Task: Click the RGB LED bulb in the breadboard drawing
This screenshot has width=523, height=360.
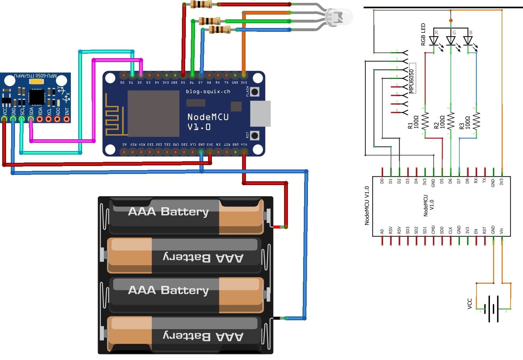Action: [340, 17]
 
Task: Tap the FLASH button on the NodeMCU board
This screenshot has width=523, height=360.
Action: [255, 92]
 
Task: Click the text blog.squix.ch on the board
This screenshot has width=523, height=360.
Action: [208, 92]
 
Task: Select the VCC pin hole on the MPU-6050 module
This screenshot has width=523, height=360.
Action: [4, 119]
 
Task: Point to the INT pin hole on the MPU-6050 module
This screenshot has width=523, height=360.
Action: [66, 119]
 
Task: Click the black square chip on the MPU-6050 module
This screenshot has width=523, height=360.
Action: [37, 97]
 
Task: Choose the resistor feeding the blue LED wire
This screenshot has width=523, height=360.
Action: [220, 30]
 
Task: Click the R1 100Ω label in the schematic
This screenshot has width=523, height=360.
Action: [413, 122]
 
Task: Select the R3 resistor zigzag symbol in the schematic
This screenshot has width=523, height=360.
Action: [476, 121]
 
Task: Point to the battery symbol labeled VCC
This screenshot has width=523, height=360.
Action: [493, 309]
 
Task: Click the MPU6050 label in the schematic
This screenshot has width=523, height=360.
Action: [411, 81]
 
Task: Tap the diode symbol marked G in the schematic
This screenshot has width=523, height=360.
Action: [451, 40]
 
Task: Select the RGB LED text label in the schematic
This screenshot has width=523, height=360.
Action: [423, 34]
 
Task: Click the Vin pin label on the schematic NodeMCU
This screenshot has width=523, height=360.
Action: [501, 231]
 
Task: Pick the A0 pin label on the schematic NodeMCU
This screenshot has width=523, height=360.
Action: [382, 231]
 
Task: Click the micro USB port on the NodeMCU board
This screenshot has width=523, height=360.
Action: [260, 114]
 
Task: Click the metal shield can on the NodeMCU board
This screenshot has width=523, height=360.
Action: [153, 114]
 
